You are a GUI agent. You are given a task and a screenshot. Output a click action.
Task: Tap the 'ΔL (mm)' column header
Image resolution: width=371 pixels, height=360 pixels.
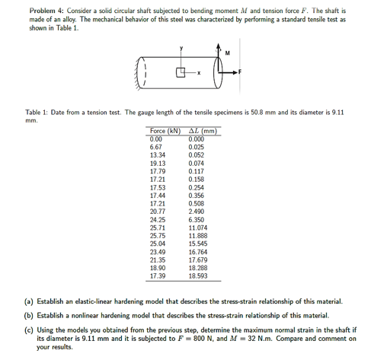(x=203, y=132)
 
